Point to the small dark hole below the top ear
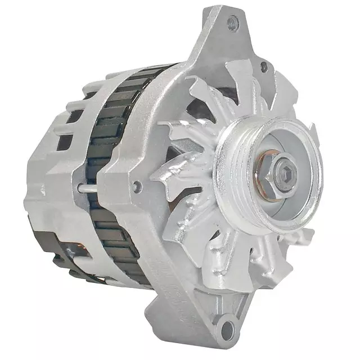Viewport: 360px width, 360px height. [263, 66]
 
